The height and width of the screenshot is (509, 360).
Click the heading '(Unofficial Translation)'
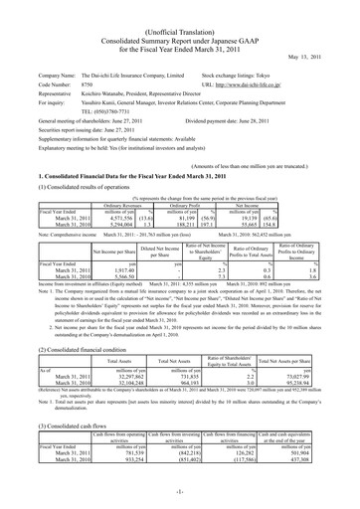coord(180,8)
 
